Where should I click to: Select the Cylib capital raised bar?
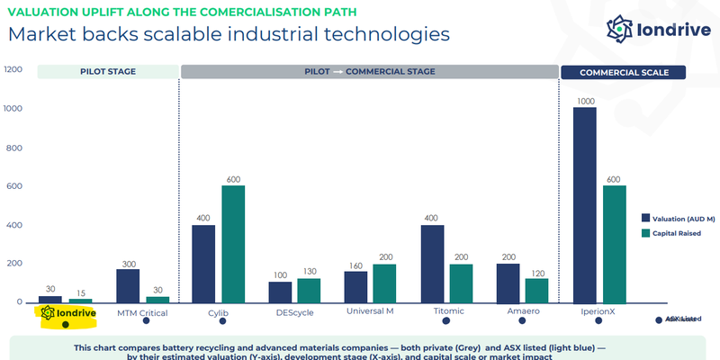233,244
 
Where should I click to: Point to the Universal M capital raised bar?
384,283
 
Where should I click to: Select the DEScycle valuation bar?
280,292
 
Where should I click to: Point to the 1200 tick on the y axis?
13,70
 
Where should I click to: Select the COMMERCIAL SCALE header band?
622,71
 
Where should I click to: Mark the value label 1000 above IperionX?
585,101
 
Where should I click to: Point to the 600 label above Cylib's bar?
233,178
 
